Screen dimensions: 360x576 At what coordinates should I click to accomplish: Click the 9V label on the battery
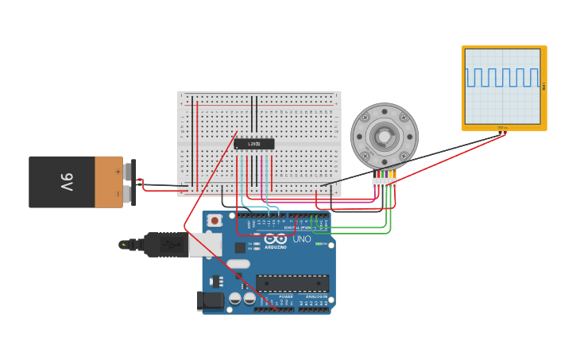(x=67, y=182)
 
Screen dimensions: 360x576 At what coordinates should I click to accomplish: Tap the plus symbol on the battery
(x=118, y=171)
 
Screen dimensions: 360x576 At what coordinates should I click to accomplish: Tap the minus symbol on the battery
(x=118, y=193)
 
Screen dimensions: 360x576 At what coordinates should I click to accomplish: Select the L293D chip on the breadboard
(x=254, y=144)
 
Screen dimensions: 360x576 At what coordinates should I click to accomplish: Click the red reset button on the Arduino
(x=214, y=220)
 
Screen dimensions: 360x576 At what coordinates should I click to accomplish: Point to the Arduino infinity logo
(x=275, y=238)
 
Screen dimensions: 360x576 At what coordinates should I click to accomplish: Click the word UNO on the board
(x=302, y=238)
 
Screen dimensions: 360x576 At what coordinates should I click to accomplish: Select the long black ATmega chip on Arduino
(x=292, y=283)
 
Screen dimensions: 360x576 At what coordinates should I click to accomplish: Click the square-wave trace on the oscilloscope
(x=502, y=77)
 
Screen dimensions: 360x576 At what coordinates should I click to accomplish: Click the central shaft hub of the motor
(x=385, y=137)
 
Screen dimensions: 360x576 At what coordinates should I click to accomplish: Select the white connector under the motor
(x=385, y=182)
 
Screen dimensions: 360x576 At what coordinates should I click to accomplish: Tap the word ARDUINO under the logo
(x=276, y=247)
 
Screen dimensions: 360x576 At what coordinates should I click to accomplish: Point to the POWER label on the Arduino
(x=286, y=296)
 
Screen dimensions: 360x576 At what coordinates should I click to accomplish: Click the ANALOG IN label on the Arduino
(x=317, y=296)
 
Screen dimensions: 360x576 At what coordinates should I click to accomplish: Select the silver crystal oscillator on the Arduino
(x=238, y=263)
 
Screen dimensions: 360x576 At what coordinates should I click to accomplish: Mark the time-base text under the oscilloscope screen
(x=502, y=127)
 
